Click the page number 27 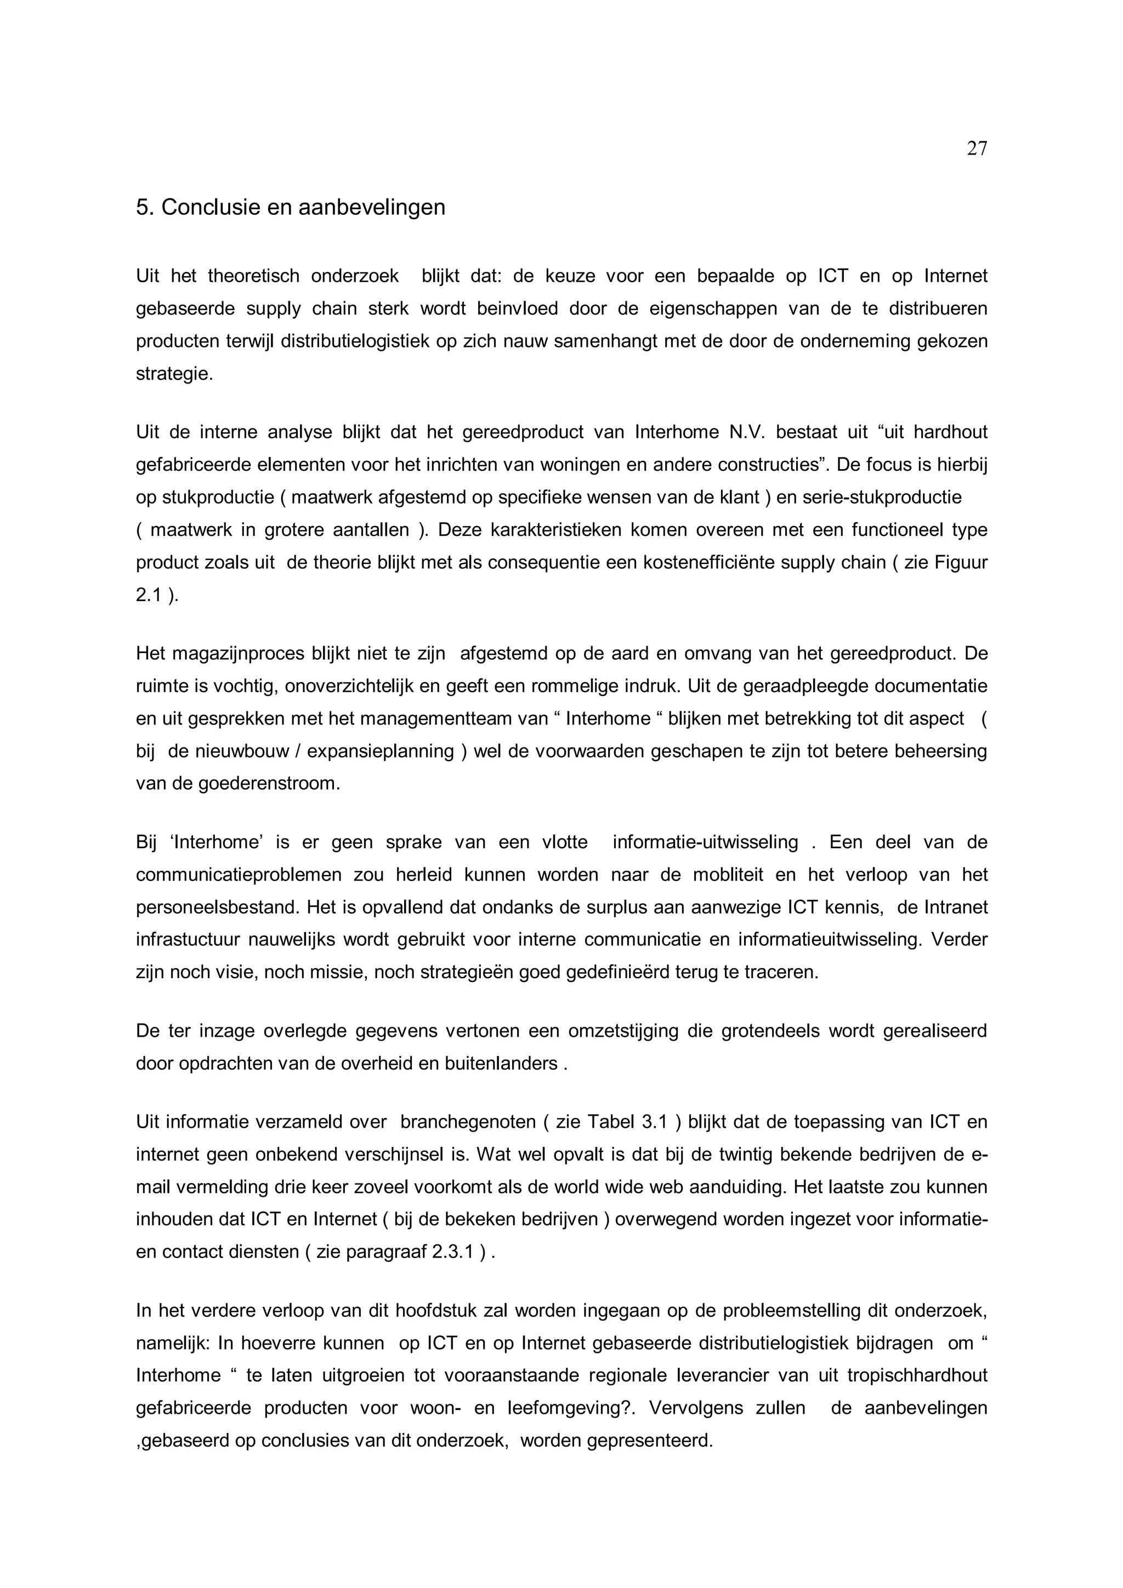point(976,148)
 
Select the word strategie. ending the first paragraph point(174,374)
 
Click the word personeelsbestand point(219,907)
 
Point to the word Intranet point(956,907)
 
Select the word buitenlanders point(508,1063)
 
